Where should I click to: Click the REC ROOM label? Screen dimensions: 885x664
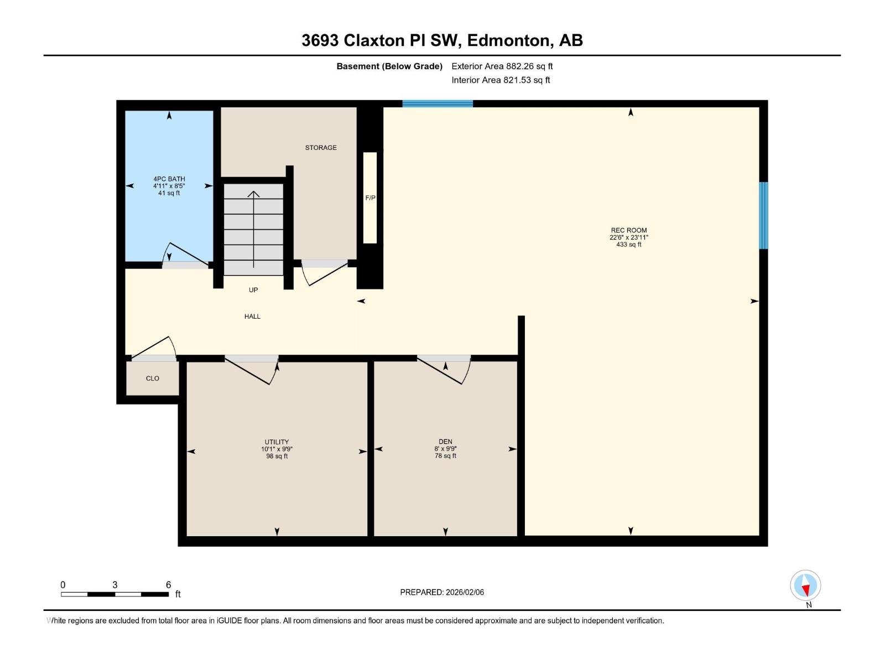point(628,230)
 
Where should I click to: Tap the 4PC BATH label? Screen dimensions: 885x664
point(169,179)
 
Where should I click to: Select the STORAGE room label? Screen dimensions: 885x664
point(320,148)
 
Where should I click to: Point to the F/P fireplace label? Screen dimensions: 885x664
point(370,198)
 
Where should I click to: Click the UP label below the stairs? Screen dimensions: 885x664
point(253,290)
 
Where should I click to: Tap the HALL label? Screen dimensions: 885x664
point(252,317)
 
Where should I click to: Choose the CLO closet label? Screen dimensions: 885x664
point(153,378)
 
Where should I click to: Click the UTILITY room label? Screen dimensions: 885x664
point(277,442)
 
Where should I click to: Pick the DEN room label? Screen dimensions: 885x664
point(445,442)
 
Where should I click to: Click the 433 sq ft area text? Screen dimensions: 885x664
point(628,245)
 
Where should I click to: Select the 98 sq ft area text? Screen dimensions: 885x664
point(277,456)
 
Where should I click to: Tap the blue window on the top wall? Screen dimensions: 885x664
point(438,103)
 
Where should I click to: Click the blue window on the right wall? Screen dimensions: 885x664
point(763,215)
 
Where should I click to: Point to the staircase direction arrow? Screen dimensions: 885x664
point(253,229)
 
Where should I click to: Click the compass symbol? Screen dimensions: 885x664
point(805,585)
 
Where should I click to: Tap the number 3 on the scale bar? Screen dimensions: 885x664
point(115,584)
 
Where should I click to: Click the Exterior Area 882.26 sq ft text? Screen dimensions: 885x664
point(502,66)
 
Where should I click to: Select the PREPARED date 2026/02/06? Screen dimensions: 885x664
point(465,592)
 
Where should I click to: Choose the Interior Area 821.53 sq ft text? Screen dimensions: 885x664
point(501,80)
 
